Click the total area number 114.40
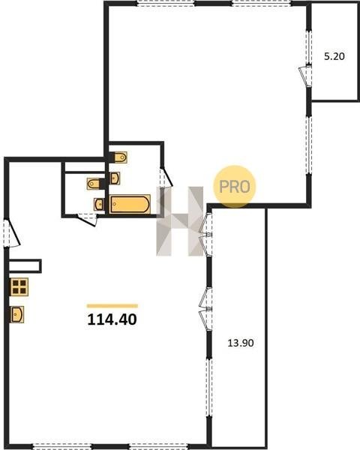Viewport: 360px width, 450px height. (x=112, y=319)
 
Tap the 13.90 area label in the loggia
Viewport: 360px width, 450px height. (x=241, y=343)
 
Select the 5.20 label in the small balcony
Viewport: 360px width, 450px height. (x=334, y=56)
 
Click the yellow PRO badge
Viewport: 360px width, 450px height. (x=234, y=187)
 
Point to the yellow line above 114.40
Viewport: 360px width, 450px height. (x=112, y=306)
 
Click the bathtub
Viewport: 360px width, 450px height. (x=130, y=204)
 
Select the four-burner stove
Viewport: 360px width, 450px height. (x=19, y=286)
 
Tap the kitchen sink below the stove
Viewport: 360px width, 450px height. (x=17, y=314)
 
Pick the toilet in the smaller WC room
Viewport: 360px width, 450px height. (x=94, y=184)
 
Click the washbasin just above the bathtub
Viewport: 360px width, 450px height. (x=115, y=178)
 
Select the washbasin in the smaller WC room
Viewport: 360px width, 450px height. (x=99, y=204)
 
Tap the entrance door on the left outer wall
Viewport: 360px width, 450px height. (x=11, y=232)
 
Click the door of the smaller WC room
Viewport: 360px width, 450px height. (x=87, y=219)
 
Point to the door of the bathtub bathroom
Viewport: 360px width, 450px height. (x=166, y=177)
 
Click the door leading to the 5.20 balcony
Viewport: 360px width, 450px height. (x=305, y=76)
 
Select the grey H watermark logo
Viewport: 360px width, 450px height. (x=180, y=221)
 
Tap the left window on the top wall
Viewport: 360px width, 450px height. (x=165, y=4)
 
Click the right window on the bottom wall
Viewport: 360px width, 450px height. (x=158, y=446)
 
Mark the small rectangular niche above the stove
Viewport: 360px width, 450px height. (x=25, y=265)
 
